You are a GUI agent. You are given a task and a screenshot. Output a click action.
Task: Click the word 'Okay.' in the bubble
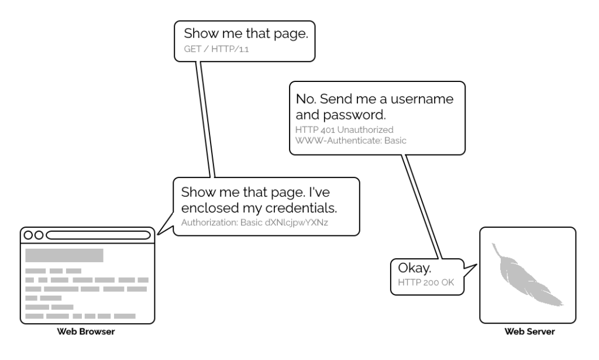[415, 269]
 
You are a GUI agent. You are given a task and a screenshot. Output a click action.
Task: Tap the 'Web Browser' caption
[85, 332]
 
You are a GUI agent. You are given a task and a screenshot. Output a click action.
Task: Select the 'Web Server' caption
[529, 332]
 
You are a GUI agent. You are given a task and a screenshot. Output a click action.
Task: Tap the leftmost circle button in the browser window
[28, 235]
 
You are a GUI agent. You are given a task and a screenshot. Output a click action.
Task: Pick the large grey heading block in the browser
[64, 255]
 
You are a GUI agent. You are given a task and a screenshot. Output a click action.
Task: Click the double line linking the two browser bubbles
[206, 117]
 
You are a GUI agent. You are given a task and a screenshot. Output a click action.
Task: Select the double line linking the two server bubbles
[420, 205]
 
